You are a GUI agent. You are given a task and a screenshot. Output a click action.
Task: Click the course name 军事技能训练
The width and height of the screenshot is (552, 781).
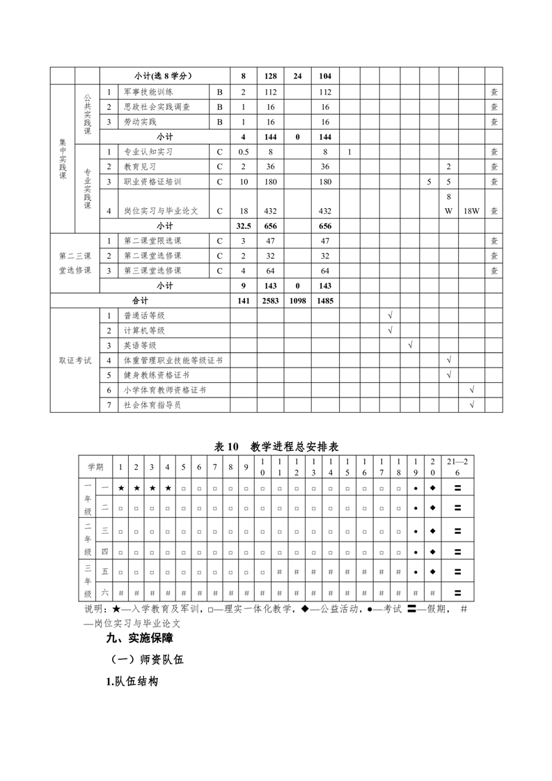pyautogui.click(x=148, y=92)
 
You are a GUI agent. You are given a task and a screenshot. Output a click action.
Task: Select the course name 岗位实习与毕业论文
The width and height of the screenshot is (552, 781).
pyautogui.click(x=161, y=211)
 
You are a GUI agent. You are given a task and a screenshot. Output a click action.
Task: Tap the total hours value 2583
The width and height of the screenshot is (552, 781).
pyautogui.click(x=271, y=301)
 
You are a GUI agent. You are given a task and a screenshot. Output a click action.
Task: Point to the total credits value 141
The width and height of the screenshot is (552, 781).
pyautogui.click(x=243, y=301)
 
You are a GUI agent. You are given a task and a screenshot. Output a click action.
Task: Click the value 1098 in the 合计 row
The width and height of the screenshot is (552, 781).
pyautogui.click(x=297, y=301)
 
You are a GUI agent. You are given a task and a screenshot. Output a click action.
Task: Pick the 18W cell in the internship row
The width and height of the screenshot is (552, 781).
pyautogui.click(x=472, y=211)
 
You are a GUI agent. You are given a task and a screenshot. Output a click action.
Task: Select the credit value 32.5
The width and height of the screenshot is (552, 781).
pyautogui.click(x=243, y=226)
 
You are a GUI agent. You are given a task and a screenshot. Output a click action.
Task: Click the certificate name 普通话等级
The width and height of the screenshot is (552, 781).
pyautogui.click(x=143, y=316)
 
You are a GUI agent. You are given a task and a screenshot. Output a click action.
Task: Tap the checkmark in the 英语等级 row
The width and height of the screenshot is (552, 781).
pyautogui.click(x=410, y=345)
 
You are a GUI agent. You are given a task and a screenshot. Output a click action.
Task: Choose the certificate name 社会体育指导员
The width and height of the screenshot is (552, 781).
pyautogui.click(x=152, y=405)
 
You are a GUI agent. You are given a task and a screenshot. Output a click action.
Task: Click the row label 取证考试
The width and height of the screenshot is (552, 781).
pyautogui.click(x=74, y=361)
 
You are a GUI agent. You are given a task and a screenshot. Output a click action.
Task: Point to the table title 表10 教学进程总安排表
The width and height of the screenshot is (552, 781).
pyautogui.click(x=276, y=447)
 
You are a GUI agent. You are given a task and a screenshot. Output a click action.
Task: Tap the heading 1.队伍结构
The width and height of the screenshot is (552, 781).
pyautogui.click(x=132, y=681)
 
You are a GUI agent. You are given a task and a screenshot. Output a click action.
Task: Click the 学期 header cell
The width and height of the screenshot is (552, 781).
pyautogui.click(x=95, y=466)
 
